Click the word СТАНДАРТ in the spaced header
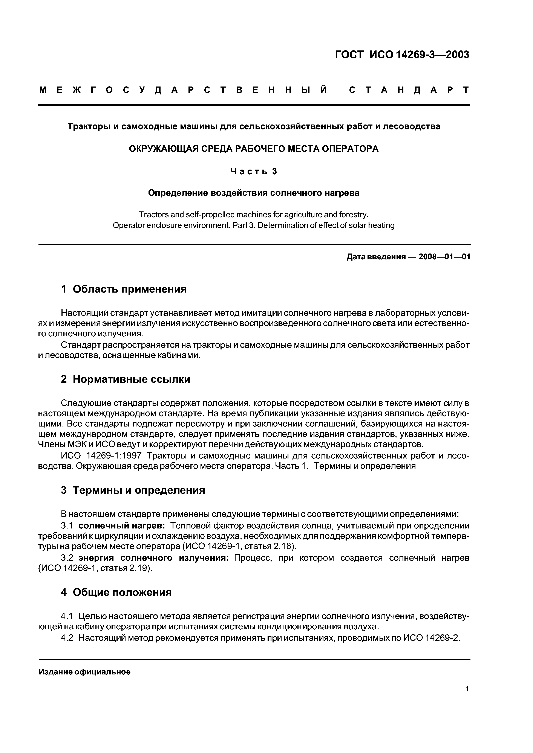[409, 90]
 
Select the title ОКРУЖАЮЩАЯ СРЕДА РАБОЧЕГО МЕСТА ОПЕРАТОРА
[254, 149]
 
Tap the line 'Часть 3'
[254, 171]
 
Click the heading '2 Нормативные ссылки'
[126, 379]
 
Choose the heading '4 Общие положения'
[116, 592]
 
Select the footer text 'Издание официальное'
[84, 672]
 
